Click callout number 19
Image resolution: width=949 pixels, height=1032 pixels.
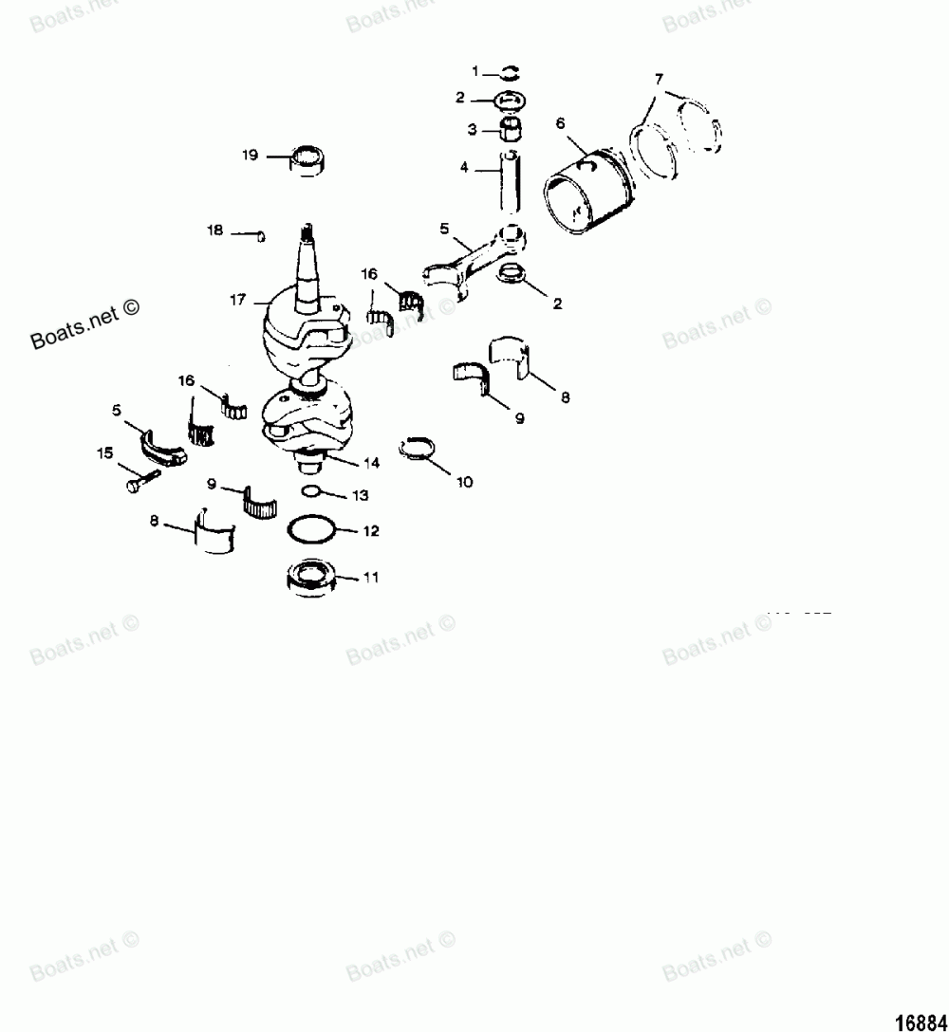pyautogui.click(x=250, y=155)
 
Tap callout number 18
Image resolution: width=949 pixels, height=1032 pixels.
pyautogui.click(x=215, y=230)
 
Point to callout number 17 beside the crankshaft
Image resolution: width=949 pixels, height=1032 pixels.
pyautogui.click(x=237, y=299)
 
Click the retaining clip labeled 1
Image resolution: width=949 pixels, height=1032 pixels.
pyautogui.click(x=510, y=73)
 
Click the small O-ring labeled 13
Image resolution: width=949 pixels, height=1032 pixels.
pyautogui.click(x=310, y=492)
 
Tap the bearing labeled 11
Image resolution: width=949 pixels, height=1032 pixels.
pyautogui.click(x=309, y=576)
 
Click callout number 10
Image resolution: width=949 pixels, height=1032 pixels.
pyautogui.click(x=464, y=482)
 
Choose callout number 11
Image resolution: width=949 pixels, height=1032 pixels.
pyautogui.click(x=371, y=577)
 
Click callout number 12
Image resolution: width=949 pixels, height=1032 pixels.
pyautogui.click(x=370, y=531)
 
